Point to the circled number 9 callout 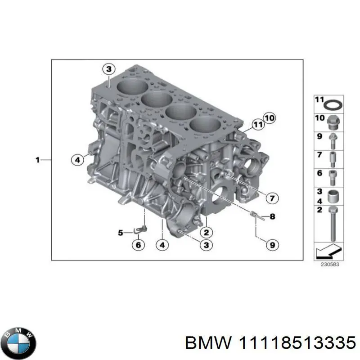[x=272, y=245]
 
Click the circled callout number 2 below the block [x=206, y=232]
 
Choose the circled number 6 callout [x=138, y=245]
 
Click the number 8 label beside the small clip [x=272, y=216]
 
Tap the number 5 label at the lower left [x=121, y=233]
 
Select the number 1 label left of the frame [x=38, y=159]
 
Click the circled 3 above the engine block [x=108, y=69]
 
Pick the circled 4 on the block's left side [x=77, y=159]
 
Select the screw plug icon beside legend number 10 [x=333, y=122]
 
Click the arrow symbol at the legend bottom [x=328, y=250]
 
